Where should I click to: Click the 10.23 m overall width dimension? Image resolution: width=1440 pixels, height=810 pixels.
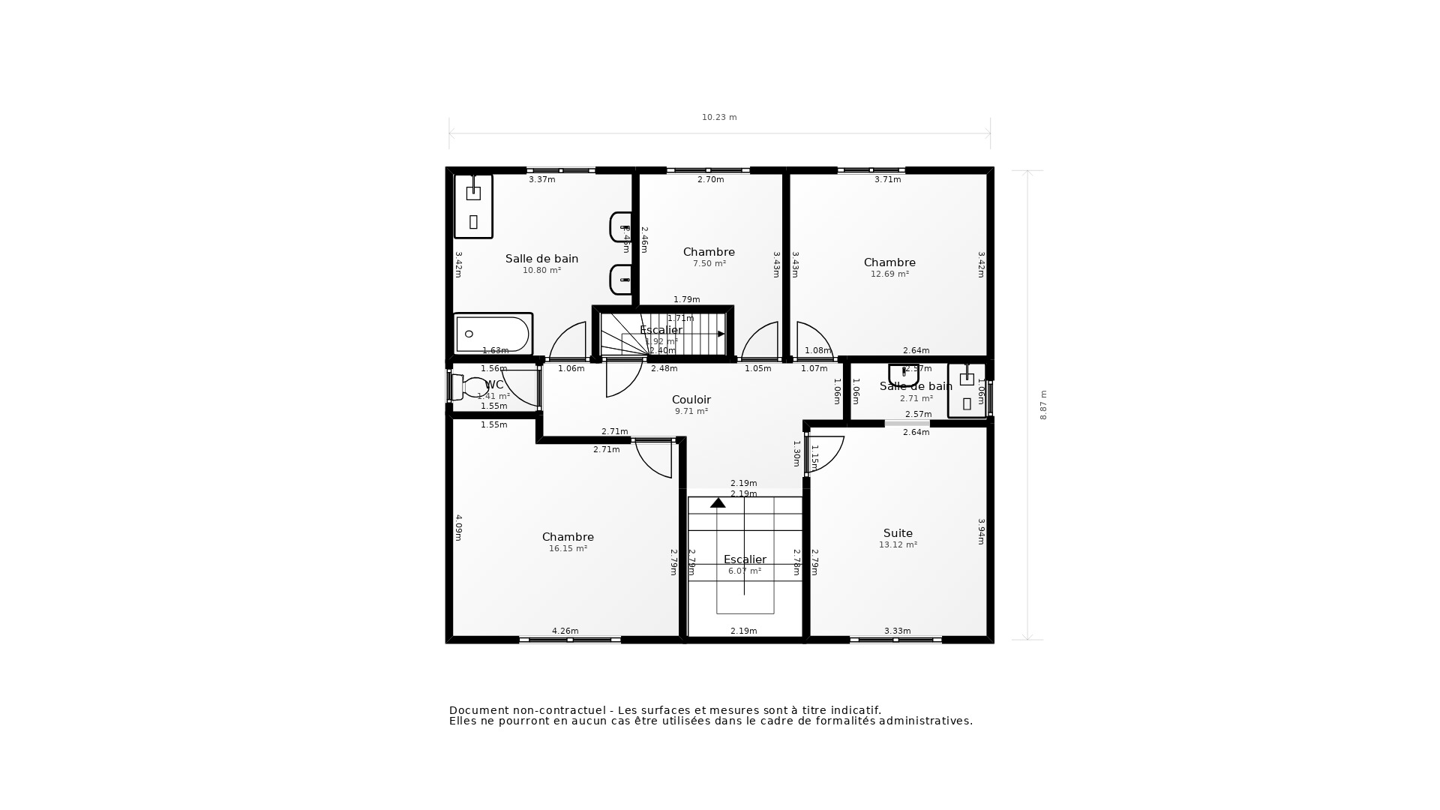point(718,118)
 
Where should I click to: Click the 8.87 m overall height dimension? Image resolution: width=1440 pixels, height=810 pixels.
point(1043,405)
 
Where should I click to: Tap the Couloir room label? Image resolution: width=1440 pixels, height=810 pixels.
point(691,400)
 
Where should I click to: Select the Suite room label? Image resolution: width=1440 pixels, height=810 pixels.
point(898,533)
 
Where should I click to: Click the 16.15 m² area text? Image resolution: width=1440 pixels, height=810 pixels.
point(568,549)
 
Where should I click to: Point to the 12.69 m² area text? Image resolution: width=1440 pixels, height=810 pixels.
point(889,274)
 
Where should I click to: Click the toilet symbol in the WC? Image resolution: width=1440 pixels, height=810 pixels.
point(470,388)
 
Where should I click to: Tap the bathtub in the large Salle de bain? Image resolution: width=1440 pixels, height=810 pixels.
point(493,334)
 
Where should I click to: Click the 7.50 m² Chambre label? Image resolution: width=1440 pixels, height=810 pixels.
point(709,252)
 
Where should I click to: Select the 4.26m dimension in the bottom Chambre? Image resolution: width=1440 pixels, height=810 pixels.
point(565,631)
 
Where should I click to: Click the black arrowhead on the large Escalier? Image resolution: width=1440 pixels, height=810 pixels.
point(718,503)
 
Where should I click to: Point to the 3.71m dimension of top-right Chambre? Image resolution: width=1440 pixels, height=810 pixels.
point(887,180)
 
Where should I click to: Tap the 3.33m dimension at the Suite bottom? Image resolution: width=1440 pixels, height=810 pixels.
point(897,631)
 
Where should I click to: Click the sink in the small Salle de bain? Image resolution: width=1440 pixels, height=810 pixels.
point(903,373)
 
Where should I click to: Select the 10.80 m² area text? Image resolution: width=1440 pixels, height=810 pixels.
point(541,271)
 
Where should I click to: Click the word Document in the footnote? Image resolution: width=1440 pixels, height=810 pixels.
point(476,710)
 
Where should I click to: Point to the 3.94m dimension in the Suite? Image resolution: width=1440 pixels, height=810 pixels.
point(981,532)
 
